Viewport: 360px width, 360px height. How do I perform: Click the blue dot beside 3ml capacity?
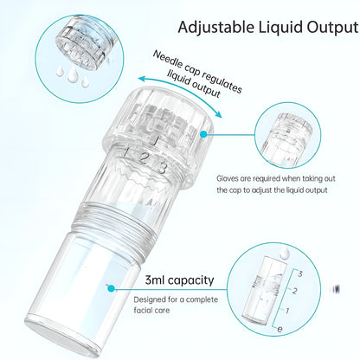(110, 285)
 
